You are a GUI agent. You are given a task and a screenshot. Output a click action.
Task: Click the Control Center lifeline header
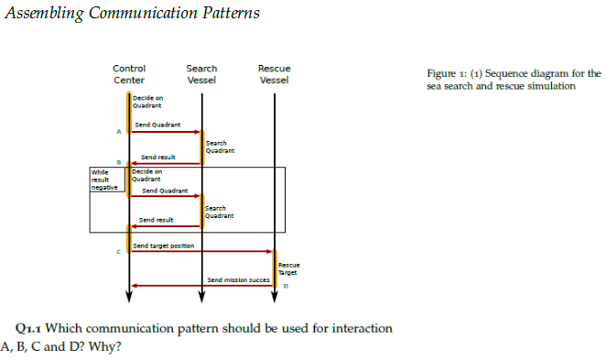(128, 74)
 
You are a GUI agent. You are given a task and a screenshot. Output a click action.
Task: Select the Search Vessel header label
(201, 74)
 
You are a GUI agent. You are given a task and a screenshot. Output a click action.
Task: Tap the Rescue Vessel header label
(275, 74)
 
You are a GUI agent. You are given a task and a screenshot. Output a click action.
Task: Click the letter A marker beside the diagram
(119, 132)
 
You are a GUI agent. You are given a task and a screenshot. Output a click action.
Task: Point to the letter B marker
(119, 163)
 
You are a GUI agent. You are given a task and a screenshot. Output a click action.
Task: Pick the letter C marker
(119, 251)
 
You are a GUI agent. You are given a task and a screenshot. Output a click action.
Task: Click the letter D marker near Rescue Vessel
(286, 287)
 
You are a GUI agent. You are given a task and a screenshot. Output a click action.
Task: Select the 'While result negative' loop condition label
(105, 179)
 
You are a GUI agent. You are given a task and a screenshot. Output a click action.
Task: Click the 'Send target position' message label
(162, 245)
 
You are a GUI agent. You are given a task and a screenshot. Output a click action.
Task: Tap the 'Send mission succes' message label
(240, 278)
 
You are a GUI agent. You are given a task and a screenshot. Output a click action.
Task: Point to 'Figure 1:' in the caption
(447, 73)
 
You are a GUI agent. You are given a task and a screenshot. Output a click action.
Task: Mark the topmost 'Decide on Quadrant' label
(146, 102)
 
